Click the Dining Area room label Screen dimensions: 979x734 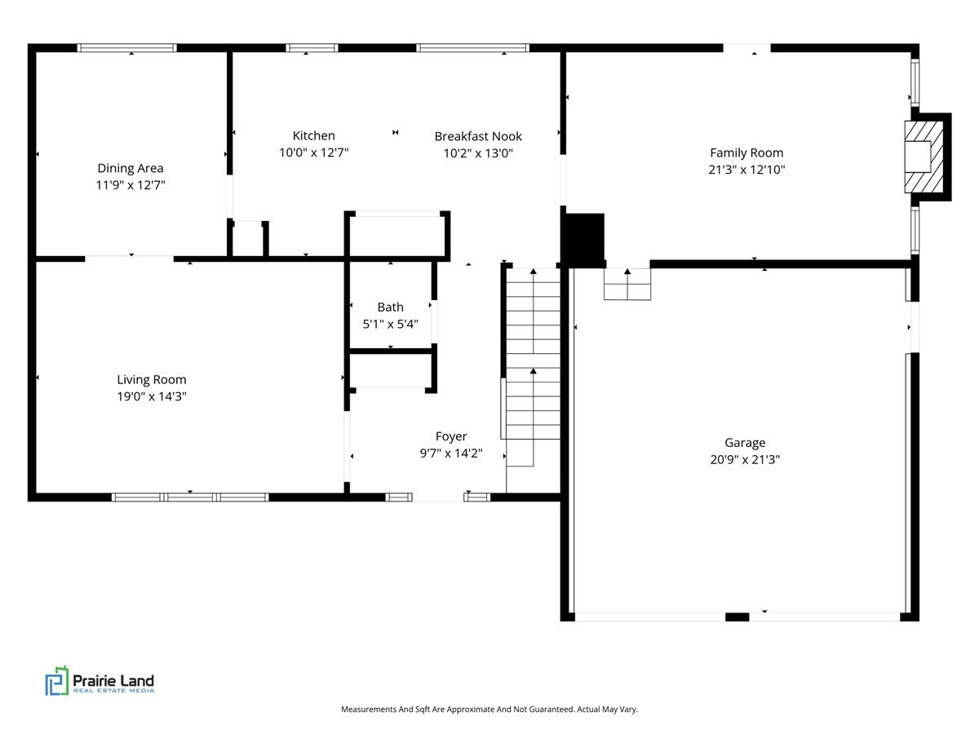[x=131, y=168]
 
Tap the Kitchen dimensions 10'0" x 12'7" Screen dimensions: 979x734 [x=313, y=153]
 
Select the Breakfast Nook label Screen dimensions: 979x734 [x=478, y=136]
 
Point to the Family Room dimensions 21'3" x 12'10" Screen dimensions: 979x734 [x=746, y=170]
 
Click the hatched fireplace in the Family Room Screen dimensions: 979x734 [x=924, y=157]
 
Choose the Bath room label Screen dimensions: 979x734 [x=390, y=307]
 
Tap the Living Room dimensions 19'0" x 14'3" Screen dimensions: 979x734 [x=152, y=396]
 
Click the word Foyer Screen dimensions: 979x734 [x=451, y=436]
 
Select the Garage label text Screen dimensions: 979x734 [x=745, y=443]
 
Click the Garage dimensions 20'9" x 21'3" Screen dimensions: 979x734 [x=745, y=459]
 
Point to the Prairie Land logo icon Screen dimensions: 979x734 [x=57, y=680]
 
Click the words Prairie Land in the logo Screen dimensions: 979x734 [x=113, y=680]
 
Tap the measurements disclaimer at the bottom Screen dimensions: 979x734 [x=489, y=709]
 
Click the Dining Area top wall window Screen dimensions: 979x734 [x=126, y=47]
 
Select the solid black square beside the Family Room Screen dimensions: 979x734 [x=585, y=241]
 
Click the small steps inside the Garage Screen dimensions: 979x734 [x=627, y=284]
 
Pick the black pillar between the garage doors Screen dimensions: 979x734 [x=737, y=617]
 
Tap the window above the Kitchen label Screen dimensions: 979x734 [x=312, y=47]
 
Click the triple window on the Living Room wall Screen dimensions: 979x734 [x=190, y=497]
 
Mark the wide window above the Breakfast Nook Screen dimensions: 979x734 [x=472, y=47]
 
